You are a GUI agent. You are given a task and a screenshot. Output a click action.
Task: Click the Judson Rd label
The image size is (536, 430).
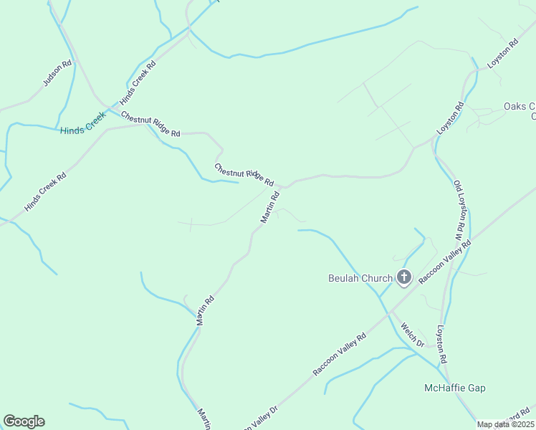[57, 73]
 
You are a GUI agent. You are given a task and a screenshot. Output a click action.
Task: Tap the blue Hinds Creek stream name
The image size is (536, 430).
[83, 126]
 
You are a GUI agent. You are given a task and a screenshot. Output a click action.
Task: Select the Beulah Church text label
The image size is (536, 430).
[360, 278]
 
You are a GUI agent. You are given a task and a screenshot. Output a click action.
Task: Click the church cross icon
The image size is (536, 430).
[404, 277]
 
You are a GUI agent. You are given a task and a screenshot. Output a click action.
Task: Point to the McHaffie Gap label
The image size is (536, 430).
[455, 388]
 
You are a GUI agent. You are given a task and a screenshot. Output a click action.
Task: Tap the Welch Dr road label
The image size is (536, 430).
[413, 335]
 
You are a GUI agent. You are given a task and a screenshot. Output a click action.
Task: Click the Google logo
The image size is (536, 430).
[24, 421]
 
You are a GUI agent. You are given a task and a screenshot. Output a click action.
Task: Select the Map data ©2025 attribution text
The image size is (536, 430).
[506, 424]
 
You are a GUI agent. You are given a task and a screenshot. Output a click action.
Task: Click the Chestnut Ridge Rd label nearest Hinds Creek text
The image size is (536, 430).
[150, 124]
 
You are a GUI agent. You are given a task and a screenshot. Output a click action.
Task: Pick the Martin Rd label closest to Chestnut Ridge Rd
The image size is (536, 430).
[269, 206]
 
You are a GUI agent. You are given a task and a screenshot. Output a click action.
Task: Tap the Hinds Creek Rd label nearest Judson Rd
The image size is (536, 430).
[138, 81]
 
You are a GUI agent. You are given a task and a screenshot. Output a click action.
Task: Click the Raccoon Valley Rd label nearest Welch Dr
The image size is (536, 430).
[340, 354]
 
